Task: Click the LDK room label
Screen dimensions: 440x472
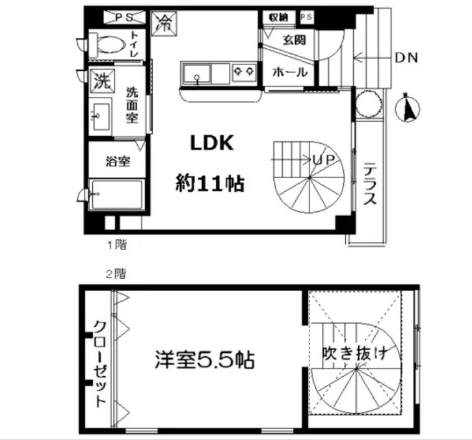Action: (x=211, y=144)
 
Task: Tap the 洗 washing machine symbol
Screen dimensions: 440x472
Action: (x=100, y=82)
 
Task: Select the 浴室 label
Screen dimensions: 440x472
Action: (x=117, y=161)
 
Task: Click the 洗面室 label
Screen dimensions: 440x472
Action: (x=133, y=104)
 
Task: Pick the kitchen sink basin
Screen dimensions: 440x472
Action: (x=198, y=73)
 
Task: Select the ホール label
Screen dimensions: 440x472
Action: (x=289, y=72)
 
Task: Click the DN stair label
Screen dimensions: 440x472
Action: (x=406, y=58)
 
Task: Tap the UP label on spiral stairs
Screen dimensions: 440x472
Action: (x=323, y=159)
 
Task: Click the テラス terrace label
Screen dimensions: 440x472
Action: (x=369, y=184)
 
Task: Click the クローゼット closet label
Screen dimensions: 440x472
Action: (x=99, y=364)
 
